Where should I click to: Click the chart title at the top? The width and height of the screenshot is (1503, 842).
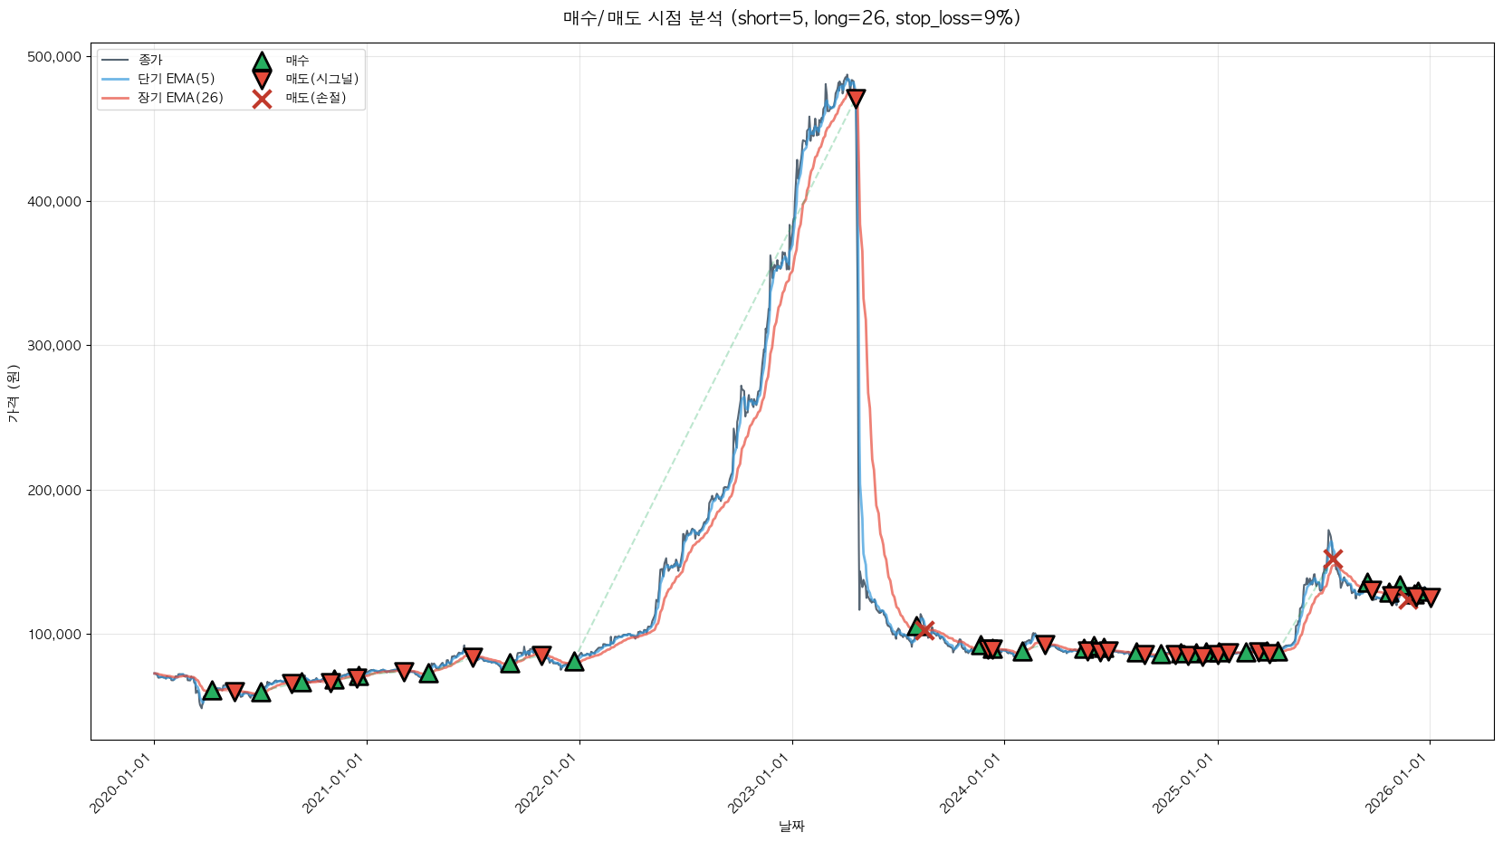pos(791,18)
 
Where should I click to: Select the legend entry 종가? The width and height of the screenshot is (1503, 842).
pos(150,61)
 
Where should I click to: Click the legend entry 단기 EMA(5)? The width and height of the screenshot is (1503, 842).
pos(176,79)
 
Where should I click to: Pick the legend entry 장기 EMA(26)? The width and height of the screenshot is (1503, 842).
pos(180,98)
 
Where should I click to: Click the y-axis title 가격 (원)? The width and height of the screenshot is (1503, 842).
pos(13,393)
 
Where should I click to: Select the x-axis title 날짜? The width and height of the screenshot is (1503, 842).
pos(791,826)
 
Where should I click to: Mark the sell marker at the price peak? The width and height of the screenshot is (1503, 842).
pos(855,98)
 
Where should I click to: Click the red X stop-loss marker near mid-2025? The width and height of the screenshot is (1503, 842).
pos(1332,559)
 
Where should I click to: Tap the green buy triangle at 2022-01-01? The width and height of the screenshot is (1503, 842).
pos(574,662)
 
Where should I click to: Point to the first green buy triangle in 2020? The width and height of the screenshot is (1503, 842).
pos(212,691)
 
